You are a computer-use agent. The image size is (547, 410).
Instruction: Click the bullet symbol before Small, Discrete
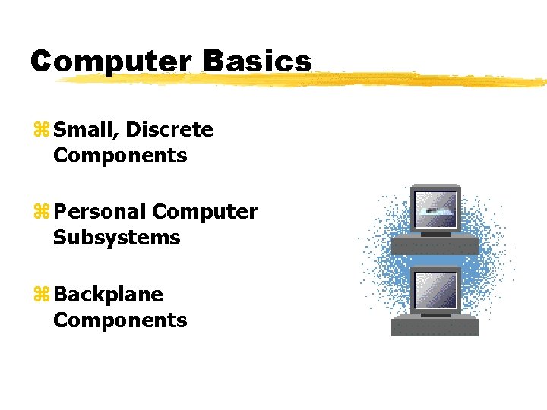pyautogui.click(x=41, y=131)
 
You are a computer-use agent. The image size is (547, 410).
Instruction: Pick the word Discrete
pyautogui.click(x=169, y=131)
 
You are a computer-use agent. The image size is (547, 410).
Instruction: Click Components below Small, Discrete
pyautogui.click(x=120, y=156)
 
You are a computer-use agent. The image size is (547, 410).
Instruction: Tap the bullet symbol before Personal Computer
pyautogui.click(x=41, y=213)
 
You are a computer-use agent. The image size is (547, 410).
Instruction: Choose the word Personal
pyautogui.click(x=100, y=213)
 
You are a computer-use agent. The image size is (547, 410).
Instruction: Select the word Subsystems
pyautogui.click(x=116, y=238)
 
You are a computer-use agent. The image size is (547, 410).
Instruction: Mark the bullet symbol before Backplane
pyautogui.click(x=41, y=295)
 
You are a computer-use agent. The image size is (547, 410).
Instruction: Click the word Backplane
pyautogui.click(x=109, y=295)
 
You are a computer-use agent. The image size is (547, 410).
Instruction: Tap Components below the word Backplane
pyautogui.click(x=120, y=320)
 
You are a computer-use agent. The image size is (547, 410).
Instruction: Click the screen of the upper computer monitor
pyautogui.click(x=435, y=207)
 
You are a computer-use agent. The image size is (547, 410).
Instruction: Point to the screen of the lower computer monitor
pyautogui.click(x=435, y=289)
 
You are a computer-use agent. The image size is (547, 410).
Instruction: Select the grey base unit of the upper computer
pyautogui.click(x=435, y=245)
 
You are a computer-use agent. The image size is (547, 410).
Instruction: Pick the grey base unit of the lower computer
pyautogui.click(x=435, y=327)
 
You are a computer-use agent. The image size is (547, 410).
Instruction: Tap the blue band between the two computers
pyautogui.click(x=435, y=260)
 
